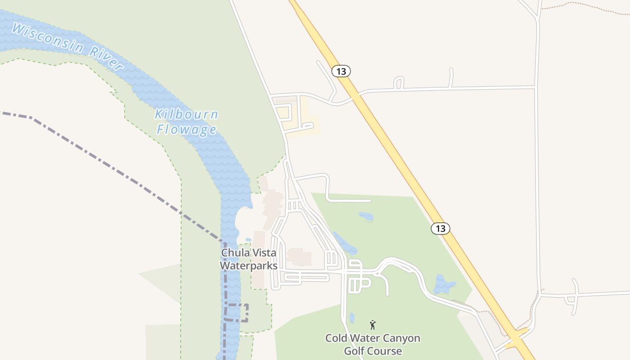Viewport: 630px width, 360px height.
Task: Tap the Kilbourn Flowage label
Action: tap(186, 122)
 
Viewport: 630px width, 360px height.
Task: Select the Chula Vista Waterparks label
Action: tap(248, 259)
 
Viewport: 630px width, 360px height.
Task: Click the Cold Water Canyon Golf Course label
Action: tap(373, 344)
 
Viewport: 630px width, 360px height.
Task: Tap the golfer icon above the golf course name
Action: tap(373, 324)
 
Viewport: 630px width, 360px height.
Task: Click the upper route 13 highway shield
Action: tap(341, 71)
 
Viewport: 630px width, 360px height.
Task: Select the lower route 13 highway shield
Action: tap(441, 228)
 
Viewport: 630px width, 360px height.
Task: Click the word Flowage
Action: tap(186, 130)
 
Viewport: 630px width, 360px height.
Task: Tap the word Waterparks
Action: tap(248, 266)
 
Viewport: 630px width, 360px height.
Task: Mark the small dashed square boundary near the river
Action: tap(236, 313)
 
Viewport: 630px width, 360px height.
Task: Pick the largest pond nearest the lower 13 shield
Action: tap(445, 284)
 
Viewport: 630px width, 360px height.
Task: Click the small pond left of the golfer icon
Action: tap(352, 318)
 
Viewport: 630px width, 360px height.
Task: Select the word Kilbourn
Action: tap(186, 114)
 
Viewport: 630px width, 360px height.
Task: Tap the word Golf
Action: tap(354, 351)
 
